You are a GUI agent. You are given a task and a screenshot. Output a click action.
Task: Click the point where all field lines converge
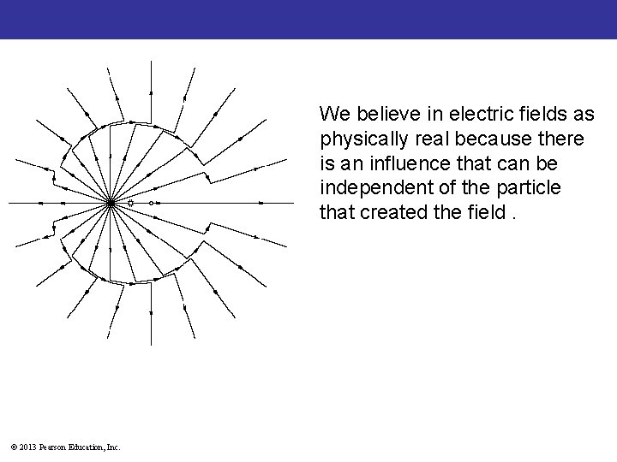(111, 203)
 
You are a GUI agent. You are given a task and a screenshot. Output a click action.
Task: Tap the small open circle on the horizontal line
(151, 203)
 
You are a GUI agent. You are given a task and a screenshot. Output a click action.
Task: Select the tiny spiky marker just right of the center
(130, 203)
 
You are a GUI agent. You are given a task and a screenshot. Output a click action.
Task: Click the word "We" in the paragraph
(331, 114)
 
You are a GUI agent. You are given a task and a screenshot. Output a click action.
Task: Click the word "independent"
(369, 187)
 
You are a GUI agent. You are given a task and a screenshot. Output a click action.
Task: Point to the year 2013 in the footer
(27, 447)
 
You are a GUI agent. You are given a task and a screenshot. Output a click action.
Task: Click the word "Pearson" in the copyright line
(53, 447)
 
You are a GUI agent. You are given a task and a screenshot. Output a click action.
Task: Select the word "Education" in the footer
(88, 447)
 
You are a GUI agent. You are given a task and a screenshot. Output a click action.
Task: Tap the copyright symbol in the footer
(12, 447)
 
